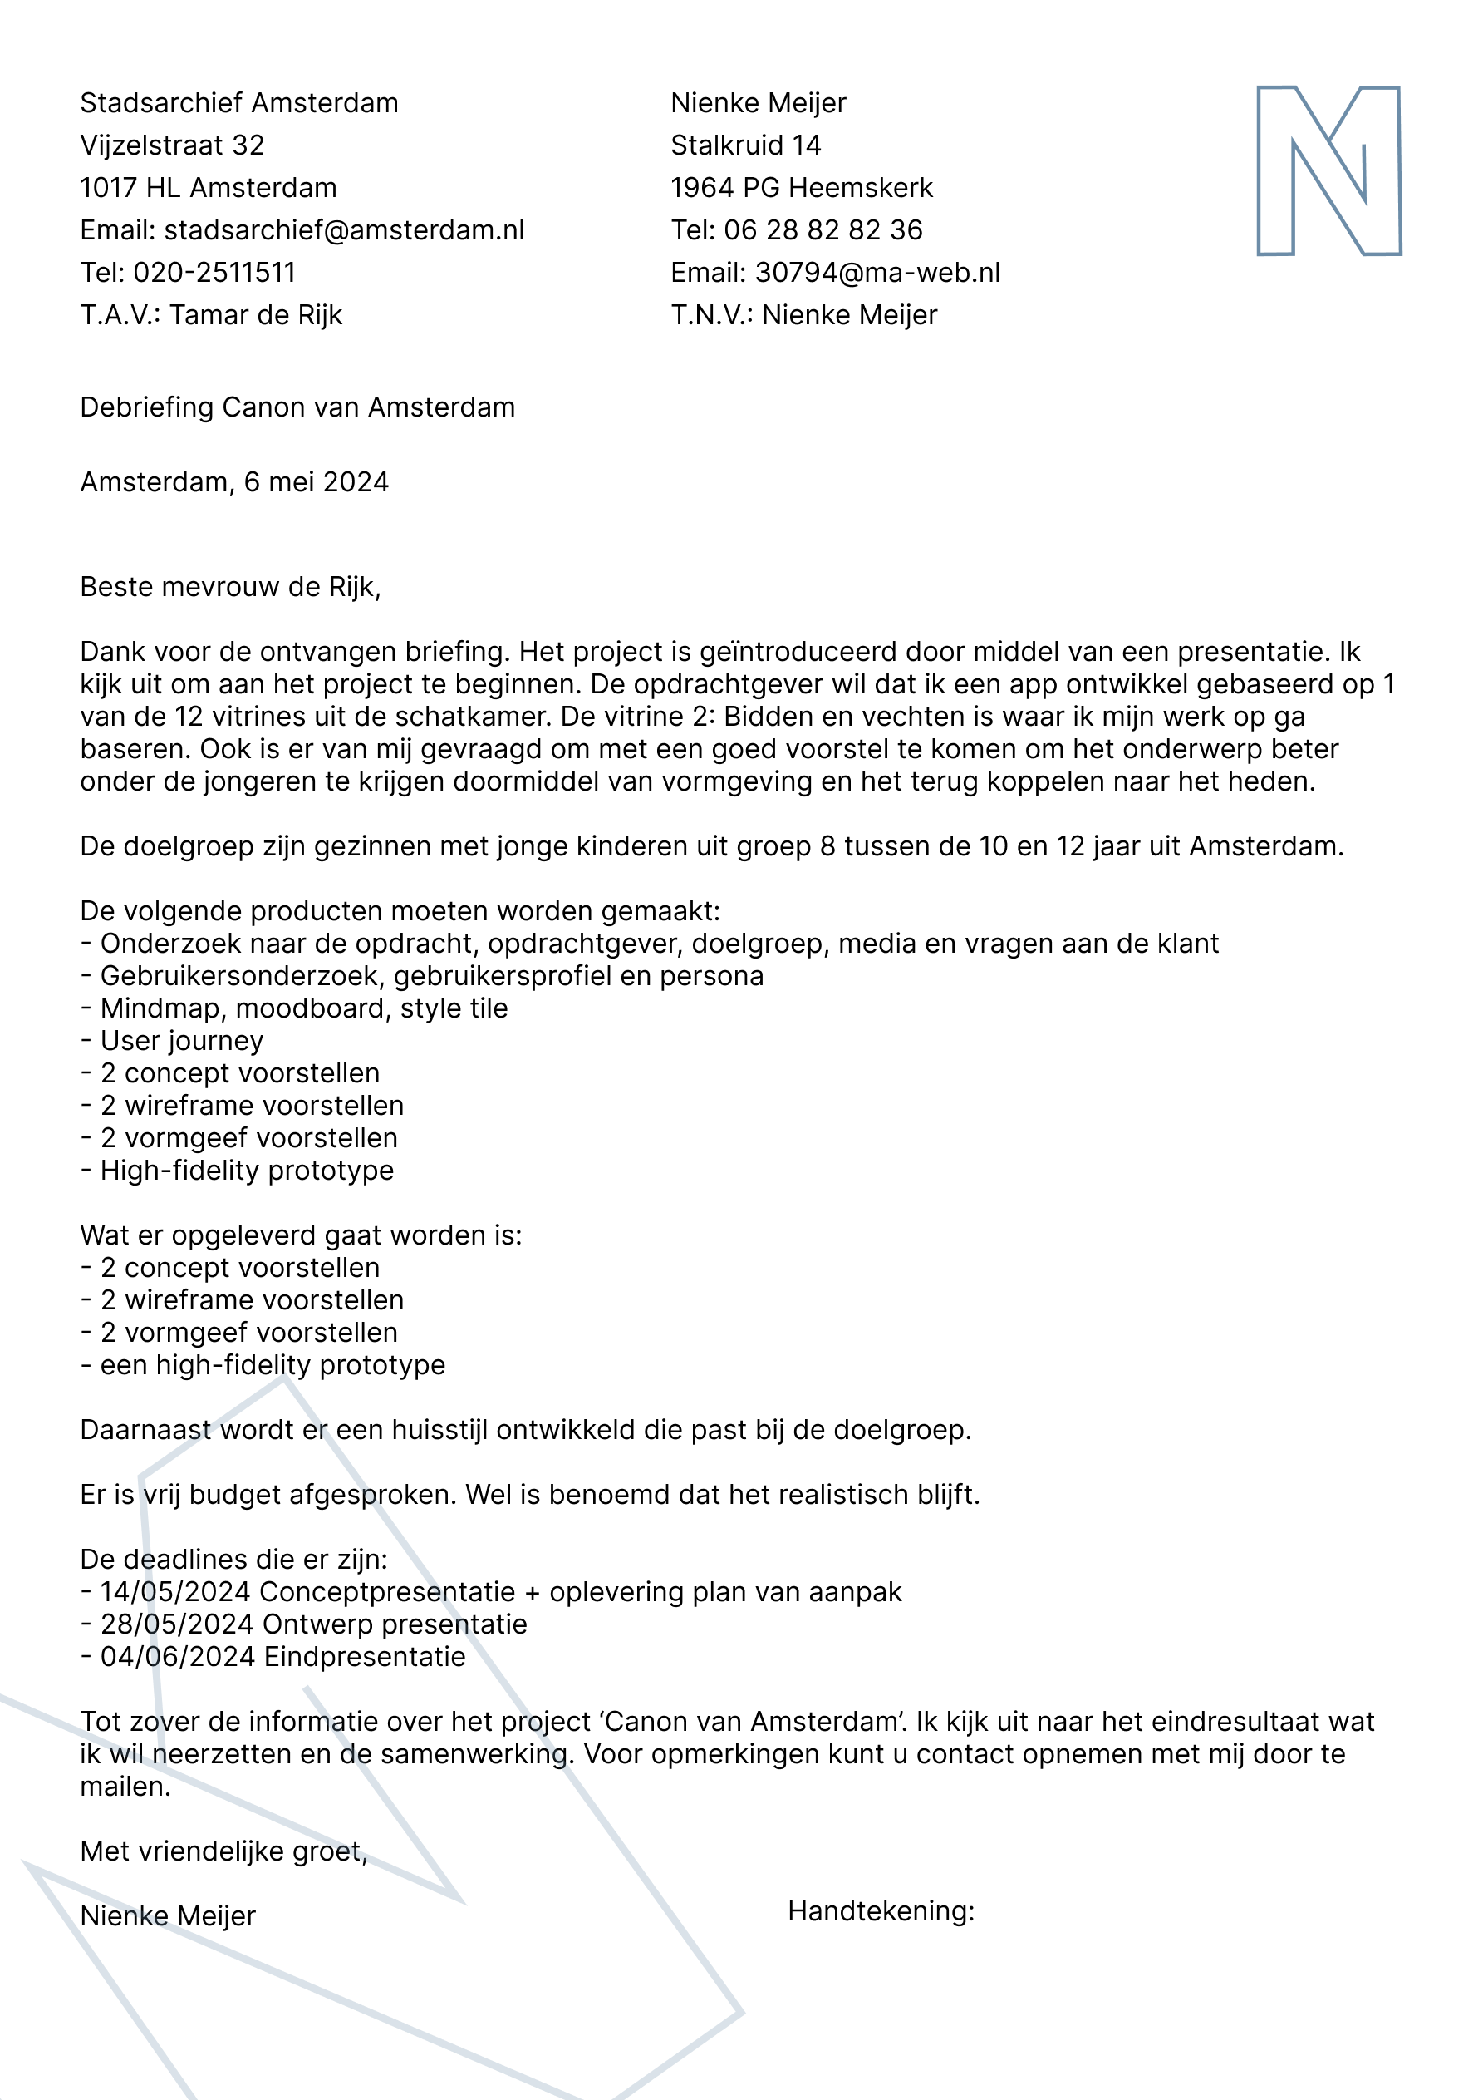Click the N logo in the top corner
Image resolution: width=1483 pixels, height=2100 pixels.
pos(1328,171)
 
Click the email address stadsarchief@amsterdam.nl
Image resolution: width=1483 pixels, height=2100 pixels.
pos(344,230)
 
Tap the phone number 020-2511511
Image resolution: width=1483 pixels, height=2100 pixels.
pos(214,273)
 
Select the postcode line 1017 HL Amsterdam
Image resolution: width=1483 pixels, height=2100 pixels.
pos(209,189)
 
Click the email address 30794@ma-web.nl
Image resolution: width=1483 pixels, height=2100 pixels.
pos(877,273)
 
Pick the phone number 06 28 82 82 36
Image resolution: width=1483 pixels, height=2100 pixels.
pos(823,230)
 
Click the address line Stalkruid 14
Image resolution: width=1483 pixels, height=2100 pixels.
pos(745,145)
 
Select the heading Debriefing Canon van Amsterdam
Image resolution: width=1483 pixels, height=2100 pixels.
pos(297,407)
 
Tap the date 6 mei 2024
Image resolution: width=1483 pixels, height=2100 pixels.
pos(316,482)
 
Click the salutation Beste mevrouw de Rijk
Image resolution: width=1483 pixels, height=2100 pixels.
pos(229,586)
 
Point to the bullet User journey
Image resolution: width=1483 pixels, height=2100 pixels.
pos(181,1041)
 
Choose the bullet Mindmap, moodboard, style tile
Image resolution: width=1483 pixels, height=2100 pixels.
pos(303,1008)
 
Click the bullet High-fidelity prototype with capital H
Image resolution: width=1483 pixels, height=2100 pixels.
pos(247,1170)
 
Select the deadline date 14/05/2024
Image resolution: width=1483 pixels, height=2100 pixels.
pos(174,1591)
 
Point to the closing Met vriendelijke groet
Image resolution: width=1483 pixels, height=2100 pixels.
pos(223,1851)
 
